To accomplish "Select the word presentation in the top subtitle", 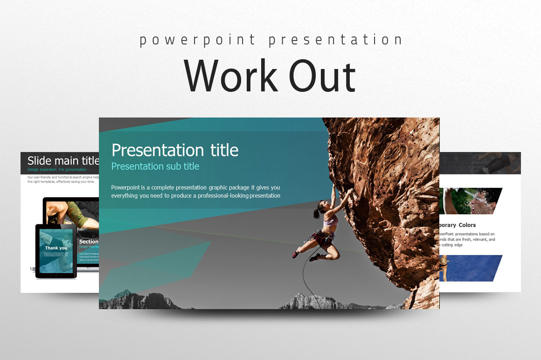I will tap(335, 40).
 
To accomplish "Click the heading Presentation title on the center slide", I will tap(175, 150).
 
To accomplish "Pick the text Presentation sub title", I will tap(155, 166).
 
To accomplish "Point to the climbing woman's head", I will tap(321, 208).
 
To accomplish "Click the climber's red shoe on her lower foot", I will tap(295, 254).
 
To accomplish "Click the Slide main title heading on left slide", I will tap(63, 161).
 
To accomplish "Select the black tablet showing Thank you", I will tap(56, 251).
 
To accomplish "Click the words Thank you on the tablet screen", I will tap(56, 248).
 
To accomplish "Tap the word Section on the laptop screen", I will tap(89, 242).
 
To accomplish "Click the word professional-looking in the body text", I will tap(223, 196).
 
